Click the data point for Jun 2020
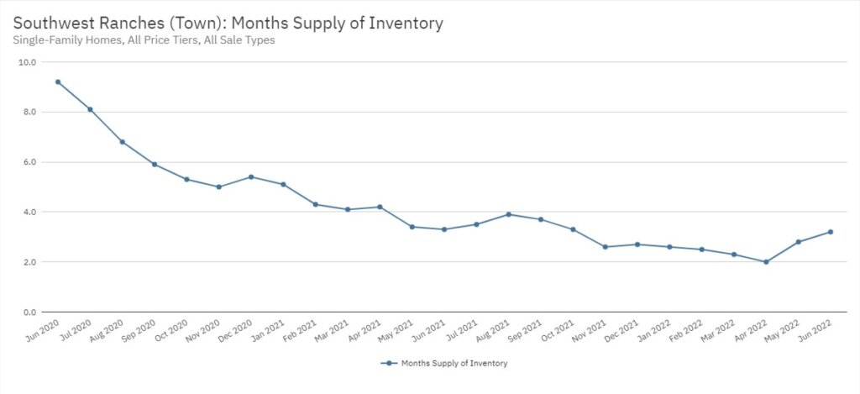coord(58,81)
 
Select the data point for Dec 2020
coord(251,177)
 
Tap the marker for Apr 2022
coord(766,262)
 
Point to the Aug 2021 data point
coord(509,214)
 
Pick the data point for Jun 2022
coord(831,232)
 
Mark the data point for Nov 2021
coord(606,247)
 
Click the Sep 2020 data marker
coord(155,164)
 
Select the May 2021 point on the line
coord(412,227)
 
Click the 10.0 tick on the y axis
coord(27,62)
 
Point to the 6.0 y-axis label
coord(29,162)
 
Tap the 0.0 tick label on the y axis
coord(29,313)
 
